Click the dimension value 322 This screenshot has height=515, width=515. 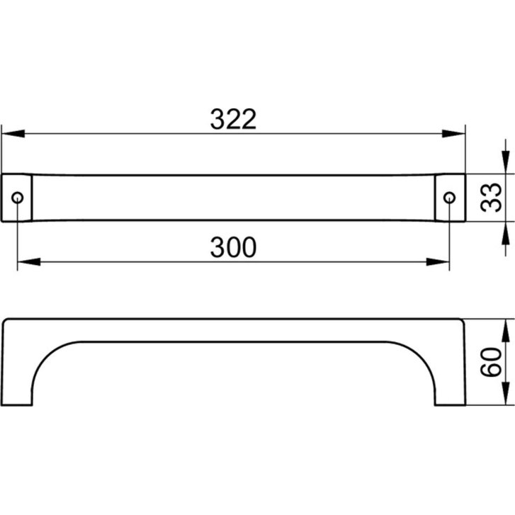pos(233,119)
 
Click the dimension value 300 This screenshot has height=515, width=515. pos(233,247)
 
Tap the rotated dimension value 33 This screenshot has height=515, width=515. pos(491,197)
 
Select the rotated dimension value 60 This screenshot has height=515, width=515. pos(491,362)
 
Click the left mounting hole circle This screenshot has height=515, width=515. pos(18,198)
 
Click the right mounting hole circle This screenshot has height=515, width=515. pos(449,198)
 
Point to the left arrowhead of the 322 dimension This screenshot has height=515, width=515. pos(13,134)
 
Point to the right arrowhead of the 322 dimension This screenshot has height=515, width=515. pos(453,134)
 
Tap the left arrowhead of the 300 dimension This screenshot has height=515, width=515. pos(29,262)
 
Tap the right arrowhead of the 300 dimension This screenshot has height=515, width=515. pos(438,262)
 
